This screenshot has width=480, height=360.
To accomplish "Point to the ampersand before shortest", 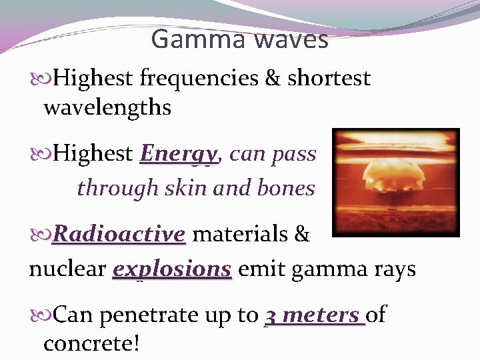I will tap(273, 79).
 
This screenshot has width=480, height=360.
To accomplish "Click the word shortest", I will tap(329, 79).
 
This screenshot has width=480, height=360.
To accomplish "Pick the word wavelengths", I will tap(107, 107).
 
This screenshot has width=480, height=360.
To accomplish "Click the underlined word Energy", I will tap(179, 155).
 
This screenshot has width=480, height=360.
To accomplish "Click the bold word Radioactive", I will tap(119, 235).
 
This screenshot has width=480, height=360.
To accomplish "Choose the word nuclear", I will tap(67, 269).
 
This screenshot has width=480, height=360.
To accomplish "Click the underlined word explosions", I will tap(172, 269).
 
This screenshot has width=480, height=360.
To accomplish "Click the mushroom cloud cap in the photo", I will tap(395, 167).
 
